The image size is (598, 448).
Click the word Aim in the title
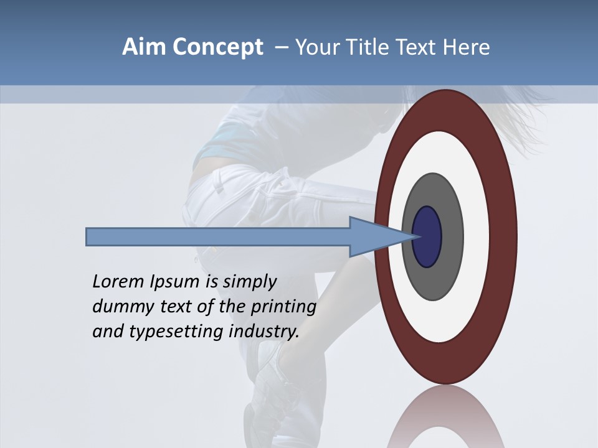click(143, 47)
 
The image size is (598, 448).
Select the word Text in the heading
click(419, 47)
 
